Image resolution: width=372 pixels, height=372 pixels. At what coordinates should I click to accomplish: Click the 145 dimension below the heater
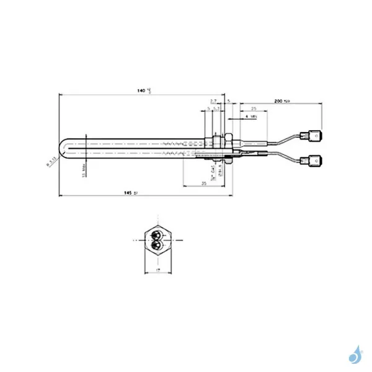point(129,194)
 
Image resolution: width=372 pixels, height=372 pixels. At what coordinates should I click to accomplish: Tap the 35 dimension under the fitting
point(203,184)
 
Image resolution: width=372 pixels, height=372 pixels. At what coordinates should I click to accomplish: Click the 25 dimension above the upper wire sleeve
point(254,108)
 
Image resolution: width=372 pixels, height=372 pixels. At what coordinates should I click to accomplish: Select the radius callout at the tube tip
point(52,164)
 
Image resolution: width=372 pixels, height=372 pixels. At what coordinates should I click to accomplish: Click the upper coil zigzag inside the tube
point(180,143)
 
